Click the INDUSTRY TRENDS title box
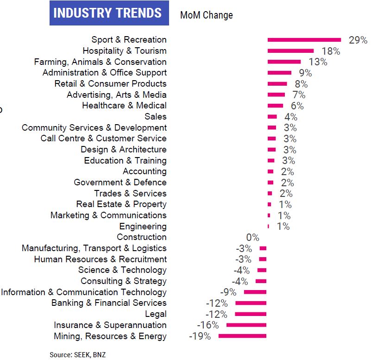(107, 13)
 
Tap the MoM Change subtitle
(206, 15)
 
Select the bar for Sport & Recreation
(304, 40)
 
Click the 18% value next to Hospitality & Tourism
(331, 51)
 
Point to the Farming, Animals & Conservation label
(100, 62)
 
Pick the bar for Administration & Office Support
(279, 73)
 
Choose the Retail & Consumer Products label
(110, 84)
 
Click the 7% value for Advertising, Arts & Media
(298, 95)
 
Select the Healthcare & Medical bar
(275, 106)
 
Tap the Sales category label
(155, 117)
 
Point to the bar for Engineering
(268, 226)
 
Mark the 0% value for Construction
(252, 237)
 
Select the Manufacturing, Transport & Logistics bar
(263, 248)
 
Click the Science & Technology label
(122, 270)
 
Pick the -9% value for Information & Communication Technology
(228, 292)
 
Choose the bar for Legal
(251, 314)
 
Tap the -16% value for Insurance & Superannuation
(208, 325)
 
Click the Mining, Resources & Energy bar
(242, 336)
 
